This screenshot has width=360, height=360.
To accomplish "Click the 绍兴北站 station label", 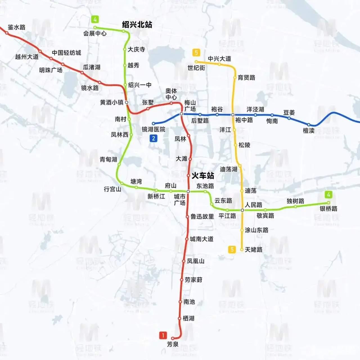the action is (137, 25).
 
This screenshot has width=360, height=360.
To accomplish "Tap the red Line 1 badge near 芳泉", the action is (163, 335).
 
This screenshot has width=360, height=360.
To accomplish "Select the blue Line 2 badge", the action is (153, 138).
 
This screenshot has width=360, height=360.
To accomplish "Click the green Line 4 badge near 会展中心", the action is (95, 19).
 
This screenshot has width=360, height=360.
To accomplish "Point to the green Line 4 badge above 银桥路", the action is (328, 194).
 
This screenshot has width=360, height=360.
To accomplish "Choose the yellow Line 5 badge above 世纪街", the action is (196, 52).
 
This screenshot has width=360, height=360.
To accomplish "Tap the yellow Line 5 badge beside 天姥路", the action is (232, 249).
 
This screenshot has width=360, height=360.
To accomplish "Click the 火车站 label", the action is (203, 176).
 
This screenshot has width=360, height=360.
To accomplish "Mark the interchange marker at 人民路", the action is (242, 210).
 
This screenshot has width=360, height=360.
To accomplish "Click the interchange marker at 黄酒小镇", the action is (127, 102).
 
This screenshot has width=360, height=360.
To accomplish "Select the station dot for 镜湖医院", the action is (153, 123).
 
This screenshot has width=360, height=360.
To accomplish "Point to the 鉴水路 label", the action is (17, 27).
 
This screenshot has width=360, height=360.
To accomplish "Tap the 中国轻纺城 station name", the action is (66, 53).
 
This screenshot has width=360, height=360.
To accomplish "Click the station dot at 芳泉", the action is (173, 338).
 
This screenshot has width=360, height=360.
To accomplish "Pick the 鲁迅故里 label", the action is (202, 217).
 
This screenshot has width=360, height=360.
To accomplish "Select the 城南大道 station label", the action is (202, 239).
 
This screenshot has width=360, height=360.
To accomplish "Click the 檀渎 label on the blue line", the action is (309, 130).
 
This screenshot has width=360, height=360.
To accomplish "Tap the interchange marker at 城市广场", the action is (188, 192).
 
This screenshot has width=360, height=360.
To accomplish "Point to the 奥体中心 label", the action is (171, 94).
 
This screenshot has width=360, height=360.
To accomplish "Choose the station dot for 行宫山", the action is (122, 184).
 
